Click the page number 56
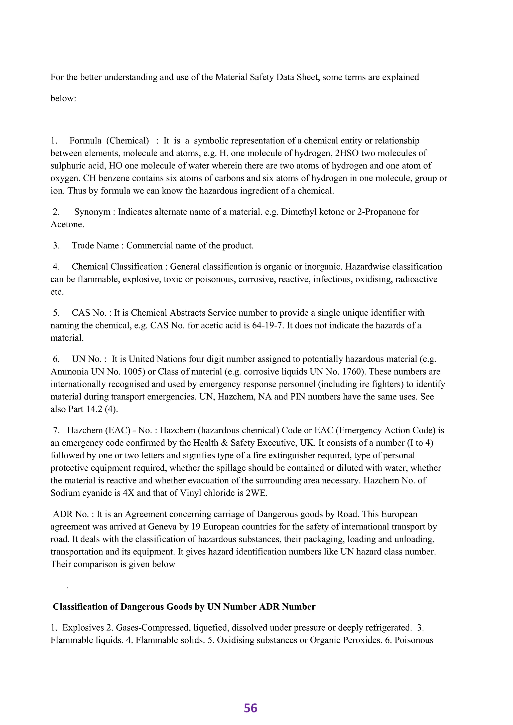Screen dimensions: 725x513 point(250,708)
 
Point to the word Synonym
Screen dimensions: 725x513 point(92,212)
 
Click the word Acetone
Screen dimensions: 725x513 point(67,224)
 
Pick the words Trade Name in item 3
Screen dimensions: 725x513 point(95,245)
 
